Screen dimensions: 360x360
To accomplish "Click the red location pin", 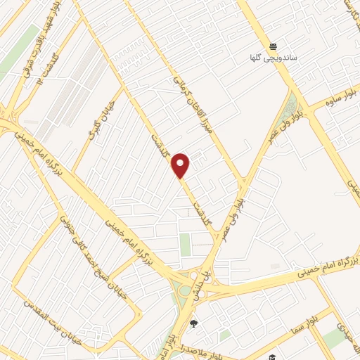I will [181, 165].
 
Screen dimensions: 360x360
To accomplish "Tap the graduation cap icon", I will [271, 356].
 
